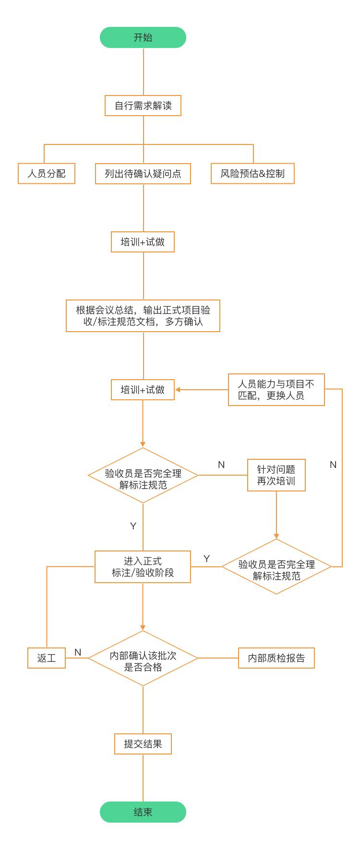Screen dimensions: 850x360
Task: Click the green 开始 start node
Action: click(143, 37)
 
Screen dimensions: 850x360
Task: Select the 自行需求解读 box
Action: click(143, 106)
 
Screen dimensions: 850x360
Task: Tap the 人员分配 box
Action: click(47, 173)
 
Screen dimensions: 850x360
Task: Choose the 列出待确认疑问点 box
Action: click(143, 173)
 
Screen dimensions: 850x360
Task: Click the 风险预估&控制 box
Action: click(252, 173)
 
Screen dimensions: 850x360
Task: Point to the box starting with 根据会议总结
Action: click(143, 316)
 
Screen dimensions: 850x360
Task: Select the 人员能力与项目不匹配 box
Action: click(276, 390)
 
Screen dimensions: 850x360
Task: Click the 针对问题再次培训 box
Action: click(276, 475)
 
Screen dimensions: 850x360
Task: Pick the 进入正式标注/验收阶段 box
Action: click(143, 567)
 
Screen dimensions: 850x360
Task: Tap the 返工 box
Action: click(47, 658)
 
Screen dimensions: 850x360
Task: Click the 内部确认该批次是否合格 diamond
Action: click(143, 658)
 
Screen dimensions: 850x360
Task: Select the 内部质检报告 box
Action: click(276, 658)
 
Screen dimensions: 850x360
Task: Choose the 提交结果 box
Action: click(143, 744)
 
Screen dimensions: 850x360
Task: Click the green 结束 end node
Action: click(143, 812)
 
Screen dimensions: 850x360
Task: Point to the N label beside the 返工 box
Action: click(78, 652)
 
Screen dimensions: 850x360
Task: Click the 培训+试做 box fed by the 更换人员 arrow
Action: click(143, 390)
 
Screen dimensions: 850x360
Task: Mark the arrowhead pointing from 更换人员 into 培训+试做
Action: click(178, 390)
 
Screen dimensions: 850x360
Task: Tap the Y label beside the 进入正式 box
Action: click(206, 559)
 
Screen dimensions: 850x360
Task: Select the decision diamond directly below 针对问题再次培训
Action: click(276, 567)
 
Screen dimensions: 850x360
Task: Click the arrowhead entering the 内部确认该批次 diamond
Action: click(143, 627)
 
